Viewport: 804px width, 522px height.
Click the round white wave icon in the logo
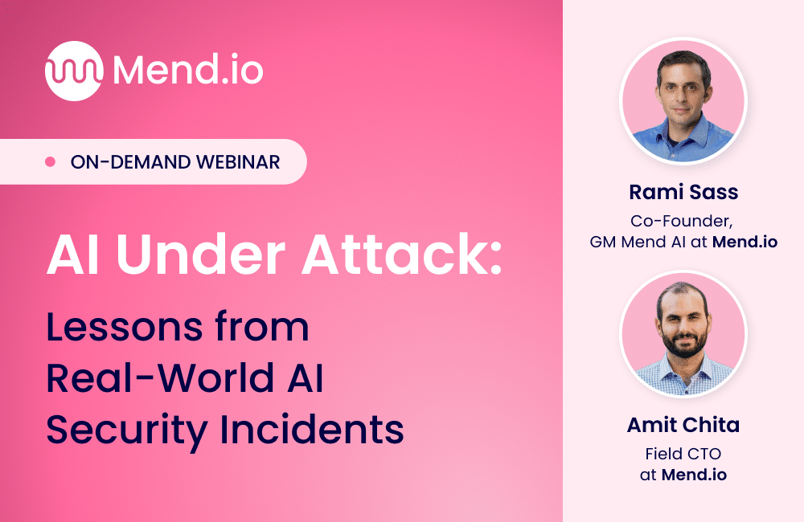(x=74, y=71)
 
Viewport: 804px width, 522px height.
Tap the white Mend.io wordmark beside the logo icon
(x=188, y=71)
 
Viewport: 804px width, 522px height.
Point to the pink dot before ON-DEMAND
(x=50, y=162)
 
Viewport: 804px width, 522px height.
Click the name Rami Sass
(x=683, y=193)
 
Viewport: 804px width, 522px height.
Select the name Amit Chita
(x=683, y=425)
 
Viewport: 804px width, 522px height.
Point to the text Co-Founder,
(x=683, y=220)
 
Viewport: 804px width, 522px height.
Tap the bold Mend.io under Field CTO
(x=694, y=475)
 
